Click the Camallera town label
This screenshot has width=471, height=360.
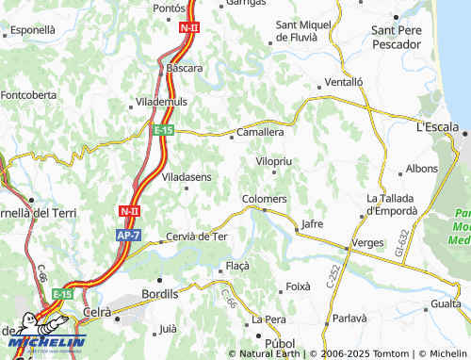(x=260, y=133)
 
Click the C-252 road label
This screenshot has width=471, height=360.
(x=332, y=275)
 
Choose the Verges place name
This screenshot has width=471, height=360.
(x=366, y=242)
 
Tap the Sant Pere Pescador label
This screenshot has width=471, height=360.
(x=402, y=37)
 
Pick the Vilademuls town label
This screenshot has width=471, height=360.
(x=162, y=100)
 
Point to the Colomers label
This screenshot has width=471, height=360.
(x=264, y=199)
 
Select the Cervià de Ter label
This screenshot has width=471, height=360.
(x=196, y=236)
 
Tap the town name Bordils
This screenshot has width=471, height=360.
(x=158, y=294)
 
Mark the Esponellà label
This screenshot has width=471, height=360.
(x=33, y=30)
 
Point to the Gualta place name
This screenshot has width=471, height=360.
(x=445, y=303)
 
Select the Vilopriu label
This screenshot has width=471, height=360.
(x=275, y=162)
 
